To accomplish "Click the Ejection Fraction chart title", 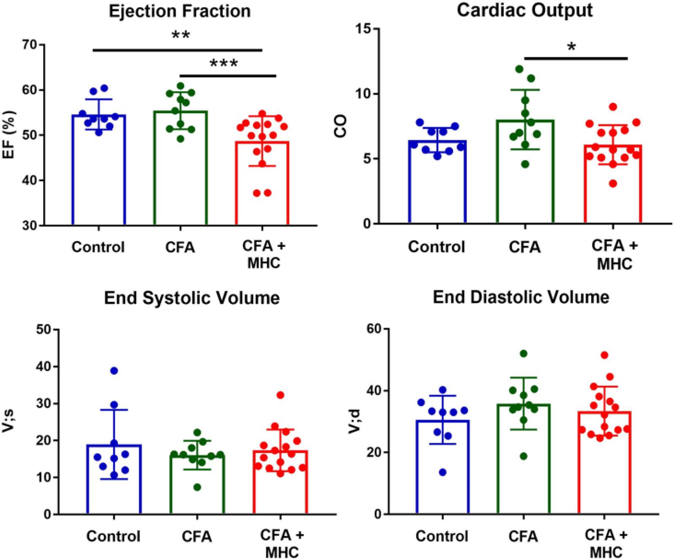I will [x=180, y=11].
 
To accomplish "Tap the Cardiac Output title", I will [x=524, y=10].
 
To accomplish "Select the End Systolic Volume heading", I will [x=192, y=298].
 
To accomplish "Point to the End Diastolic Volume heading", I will [x=521, y=297].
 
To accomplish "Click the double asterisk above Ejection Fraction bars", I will [x=180, y=35].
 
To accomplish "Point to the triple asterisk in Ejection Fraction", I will [x=224, y=64].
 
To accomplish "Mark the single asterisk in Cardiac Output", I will [x=572, y=47].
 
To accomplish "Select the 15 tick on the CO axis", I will [x=363, y=29].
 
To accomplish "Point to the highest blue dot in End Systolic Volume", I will [x=114, y=371].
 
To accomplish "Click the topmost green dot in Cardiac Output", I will [x=519, y=69].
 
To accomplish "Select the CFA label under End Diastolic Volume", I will [x=523, y=536].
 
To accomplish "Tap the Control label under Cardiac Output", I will [x=436, y=247].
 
